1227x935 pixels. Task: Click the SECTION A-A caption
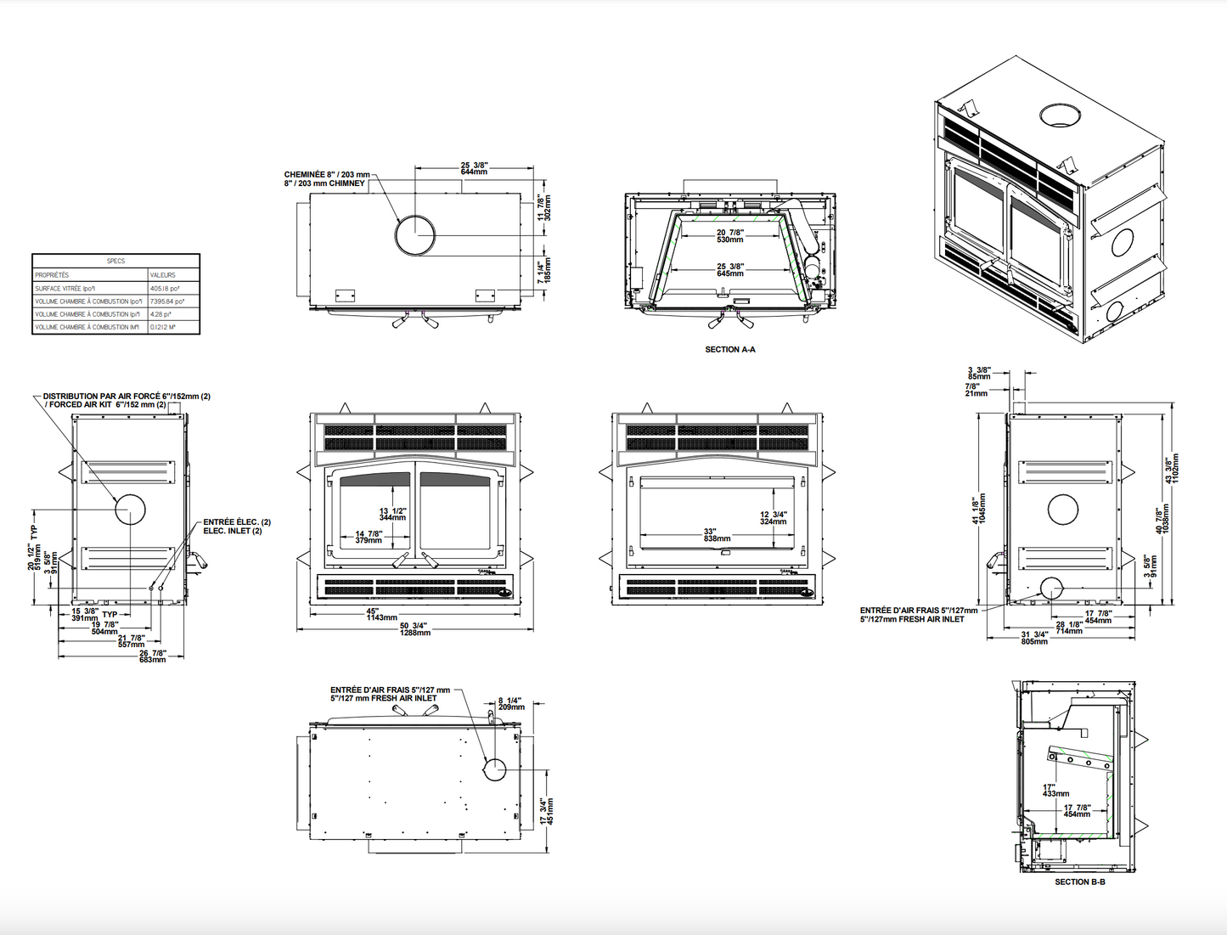(x=729, y=349)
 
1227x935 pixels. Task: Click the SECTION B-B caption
(x=1079, y=881)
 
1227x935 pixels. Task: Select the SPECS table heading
(x=115, y=261)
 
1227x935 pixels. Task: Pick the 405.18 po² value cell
(x=161, y=288)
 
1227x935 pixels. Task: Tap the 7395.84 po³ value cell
(x=167, y=301)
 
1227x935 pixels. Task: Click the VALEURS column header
(x=162, y=274)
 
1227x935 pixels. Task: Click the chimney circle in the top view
(x=415, y=235)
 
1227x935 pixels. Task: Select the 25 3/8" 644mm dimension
(x=474, y=168)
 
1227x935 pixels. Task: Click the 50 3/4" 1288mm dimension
(x=414, y=629)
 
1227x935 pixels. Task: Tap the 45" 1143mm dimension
(x=381, y=614)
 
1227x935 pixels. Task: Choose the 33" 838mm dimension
(x=716, y=535)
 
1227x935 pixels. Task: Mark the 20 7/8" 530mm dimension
(x=729, y=235)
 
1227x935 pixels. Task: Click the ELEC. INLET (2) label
(x=233, y=531)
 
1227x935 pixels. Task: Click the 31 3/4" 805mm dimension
(x=1034, y=638)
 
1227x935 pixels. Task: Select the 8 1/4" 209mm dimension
(x=511, y=703)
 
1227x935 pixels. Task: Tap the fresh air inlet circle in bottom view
(x=494, y=770)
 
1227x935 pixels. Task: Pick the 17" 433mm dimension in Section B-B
(x=1055, y=790)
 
